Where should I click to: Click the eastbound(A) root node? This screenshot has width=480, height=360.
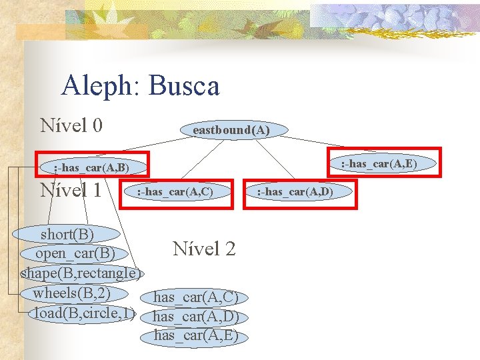point(231,129)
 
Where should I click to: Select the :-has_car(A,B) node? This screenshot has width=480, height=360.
point(91,167)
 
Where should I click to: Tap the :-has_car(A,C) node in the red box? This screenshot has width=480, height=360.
point(175,193)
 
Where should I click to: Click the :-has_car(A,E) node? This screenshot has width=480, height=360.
point(379,163)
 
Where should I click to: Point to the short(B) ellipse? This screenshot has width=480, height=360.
point(67,234)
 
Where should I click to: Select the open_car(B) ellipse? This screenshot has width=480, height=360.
point(75,254)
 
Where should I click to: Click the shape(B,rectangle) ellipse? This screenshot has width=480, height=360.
point(81,273)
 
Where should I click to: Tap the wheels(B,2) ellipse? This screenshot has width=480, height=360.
point(71,293)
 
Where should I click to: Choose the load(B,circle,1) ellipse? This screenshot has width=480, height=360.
point(84,313)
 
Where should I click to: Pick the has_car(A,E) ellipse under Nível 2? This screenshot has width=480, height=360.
point(196,335)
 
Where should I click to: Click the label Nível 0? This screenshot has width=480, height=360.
point(71,125)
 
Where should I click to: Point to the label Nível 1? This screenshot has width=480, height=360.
point(71,190)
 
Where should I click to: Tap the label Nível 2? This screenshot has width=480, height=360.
point(204,249)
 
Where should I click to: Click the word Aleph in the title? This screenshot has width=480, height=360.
point(99,86)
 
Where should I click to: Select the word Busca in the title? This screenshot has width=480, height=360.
point(184,86)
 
